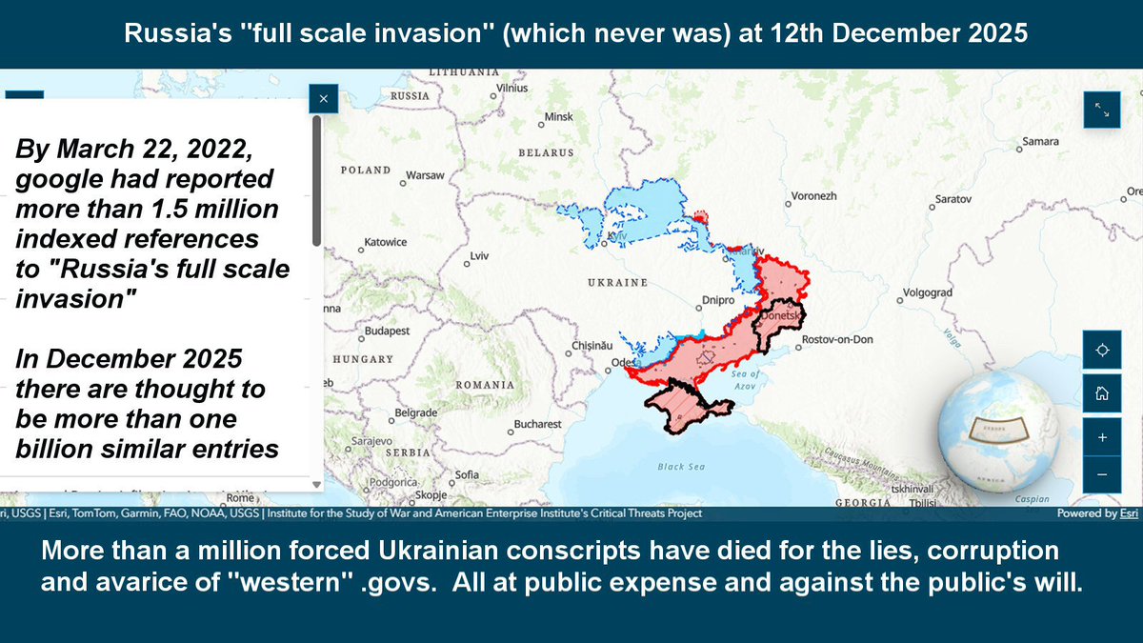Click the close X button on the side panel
(x=324, y=98)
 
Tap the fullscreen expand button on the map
(x=1102, y=110)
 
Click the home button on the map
(x=1102, y=393)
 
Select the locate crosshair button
(x=1102, y=350)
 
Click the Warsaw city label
(x=426, y=176)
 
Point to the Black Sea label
(x=681, y=467)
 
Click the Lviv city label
(x=478, y=257)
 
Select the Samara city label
(x=1039, y=142)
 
